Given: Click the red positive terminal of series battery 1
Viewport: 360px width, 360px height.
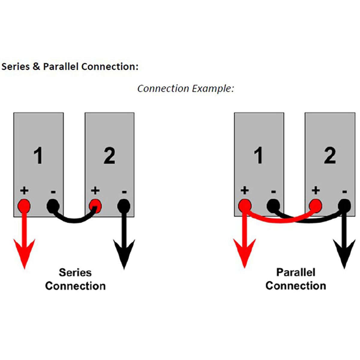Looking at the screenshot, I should [x=24, y=206].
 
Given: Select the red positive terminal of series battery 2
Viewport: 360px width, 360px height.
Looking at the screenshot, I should [x=95, y=206].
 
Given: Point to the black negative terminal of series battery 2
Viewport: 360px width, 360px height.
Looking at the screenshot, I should [x=124, y=206].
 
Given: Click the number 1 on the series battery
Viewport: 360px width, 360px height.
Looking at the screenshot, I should [x=38, y=156].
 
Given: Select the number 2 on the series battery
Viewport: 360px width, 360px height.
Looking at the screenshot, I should [x=109, y=156].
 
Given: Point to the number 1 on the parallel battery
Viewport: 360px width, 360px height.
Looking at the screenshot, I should [x=258, y=155].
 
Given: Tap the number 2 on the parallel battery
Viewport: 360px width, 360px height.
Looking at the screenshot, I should [x=330, y=155].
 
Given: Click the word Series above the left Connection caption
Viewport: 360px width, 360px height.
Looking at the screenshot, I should [x=75, y=272].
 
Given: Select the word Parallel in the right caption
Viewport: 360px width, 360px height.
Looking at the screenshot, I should [x=295, y=272].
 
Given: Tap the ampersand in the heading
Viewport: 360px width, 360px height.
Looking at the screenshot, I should [x=36, y=66].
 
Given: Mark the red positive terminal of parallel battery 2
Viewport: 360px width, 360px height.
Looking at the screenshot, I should [x=315, y=206].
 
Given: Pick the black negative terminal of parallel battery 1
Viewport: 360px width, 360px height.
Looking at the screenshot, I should [x=273, y=206].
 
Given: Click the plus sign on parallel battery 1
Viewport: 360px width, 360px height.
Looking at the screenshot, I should [x=245, y=190].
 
